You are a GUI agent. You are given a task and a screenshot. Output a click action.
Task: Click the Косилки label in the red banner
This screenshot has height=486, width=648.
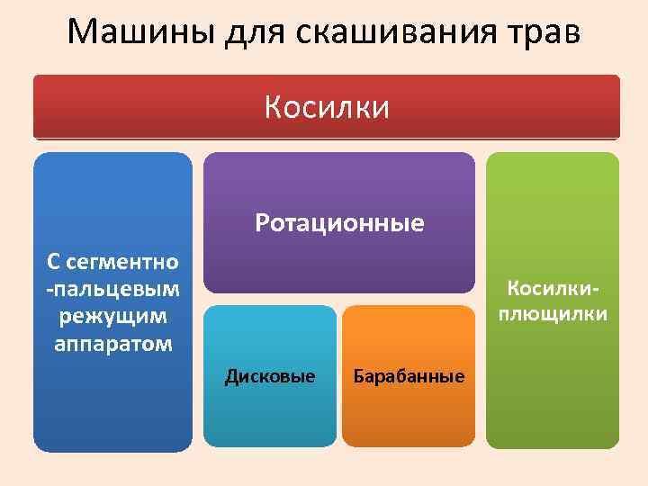pos(327,108)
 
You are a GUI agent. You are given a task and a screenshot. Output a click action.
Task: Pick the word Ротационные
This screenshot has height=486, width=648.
pos(339,222)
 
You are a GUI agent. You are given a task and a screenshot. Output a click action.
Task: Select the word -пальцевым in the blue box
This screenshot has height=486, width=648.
pos(112,289)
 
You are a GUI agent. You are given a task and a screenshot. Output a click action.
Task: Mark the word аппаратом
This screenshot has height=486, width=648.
pos(112,344)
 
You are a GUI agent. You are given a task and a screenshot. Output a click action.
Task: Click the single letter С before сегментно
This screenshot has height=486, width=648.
pos(54,262)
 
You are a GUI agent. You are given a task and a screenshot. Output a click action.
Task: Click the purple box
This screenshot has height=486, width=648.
pos(339,180)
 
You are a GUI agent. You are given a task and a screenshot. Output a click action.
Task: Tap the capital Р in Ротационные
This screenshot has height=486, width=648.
pos(262,222)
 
